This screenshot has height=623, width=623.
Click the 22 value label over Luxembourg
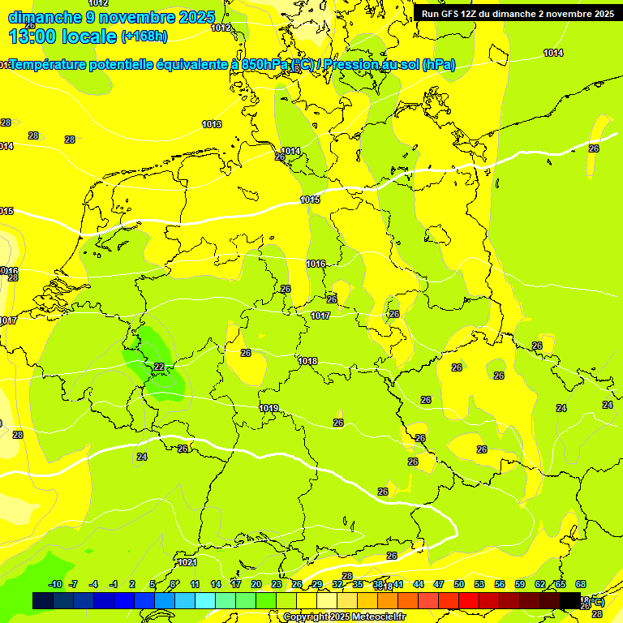159,367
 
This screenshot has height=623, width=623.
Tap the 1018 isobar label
307,361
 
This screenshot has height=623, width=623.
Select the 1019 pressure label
269,408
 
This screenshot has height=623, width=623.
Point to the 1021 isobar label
187,562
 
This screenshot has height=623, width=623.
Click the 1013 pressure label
212,124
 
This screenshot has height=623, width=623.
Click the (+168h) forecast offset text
144,37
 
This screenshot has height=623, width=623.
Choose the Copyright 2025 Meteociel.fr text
345,617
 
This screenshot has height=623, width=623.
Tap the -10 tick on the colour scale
55,584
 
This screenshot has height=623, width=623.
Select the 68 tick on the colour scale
581,584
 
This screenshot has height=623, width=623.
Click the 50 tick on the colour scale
459,584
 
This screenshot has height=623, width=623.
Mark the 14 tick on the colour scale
216,584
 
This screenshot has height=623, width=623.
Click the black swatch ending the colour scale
570,601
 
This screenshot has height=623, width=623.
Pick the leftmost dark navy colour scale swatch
43,601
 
